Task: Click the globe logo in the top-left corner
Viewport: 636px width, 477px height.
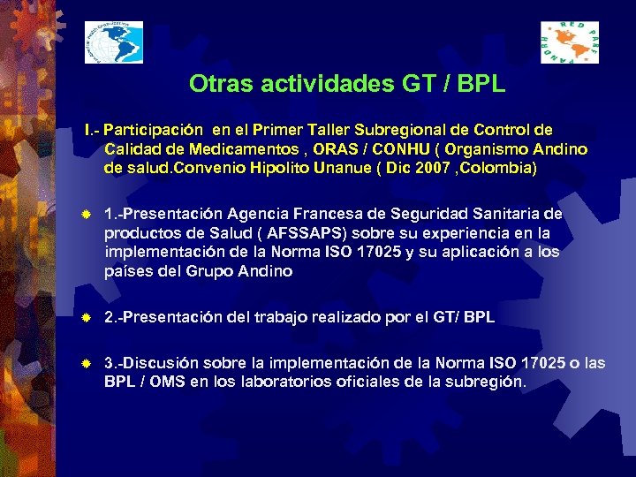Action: click(114, 42)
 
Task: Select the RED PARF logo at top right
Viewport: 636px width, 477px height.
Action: click(569, 42)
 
